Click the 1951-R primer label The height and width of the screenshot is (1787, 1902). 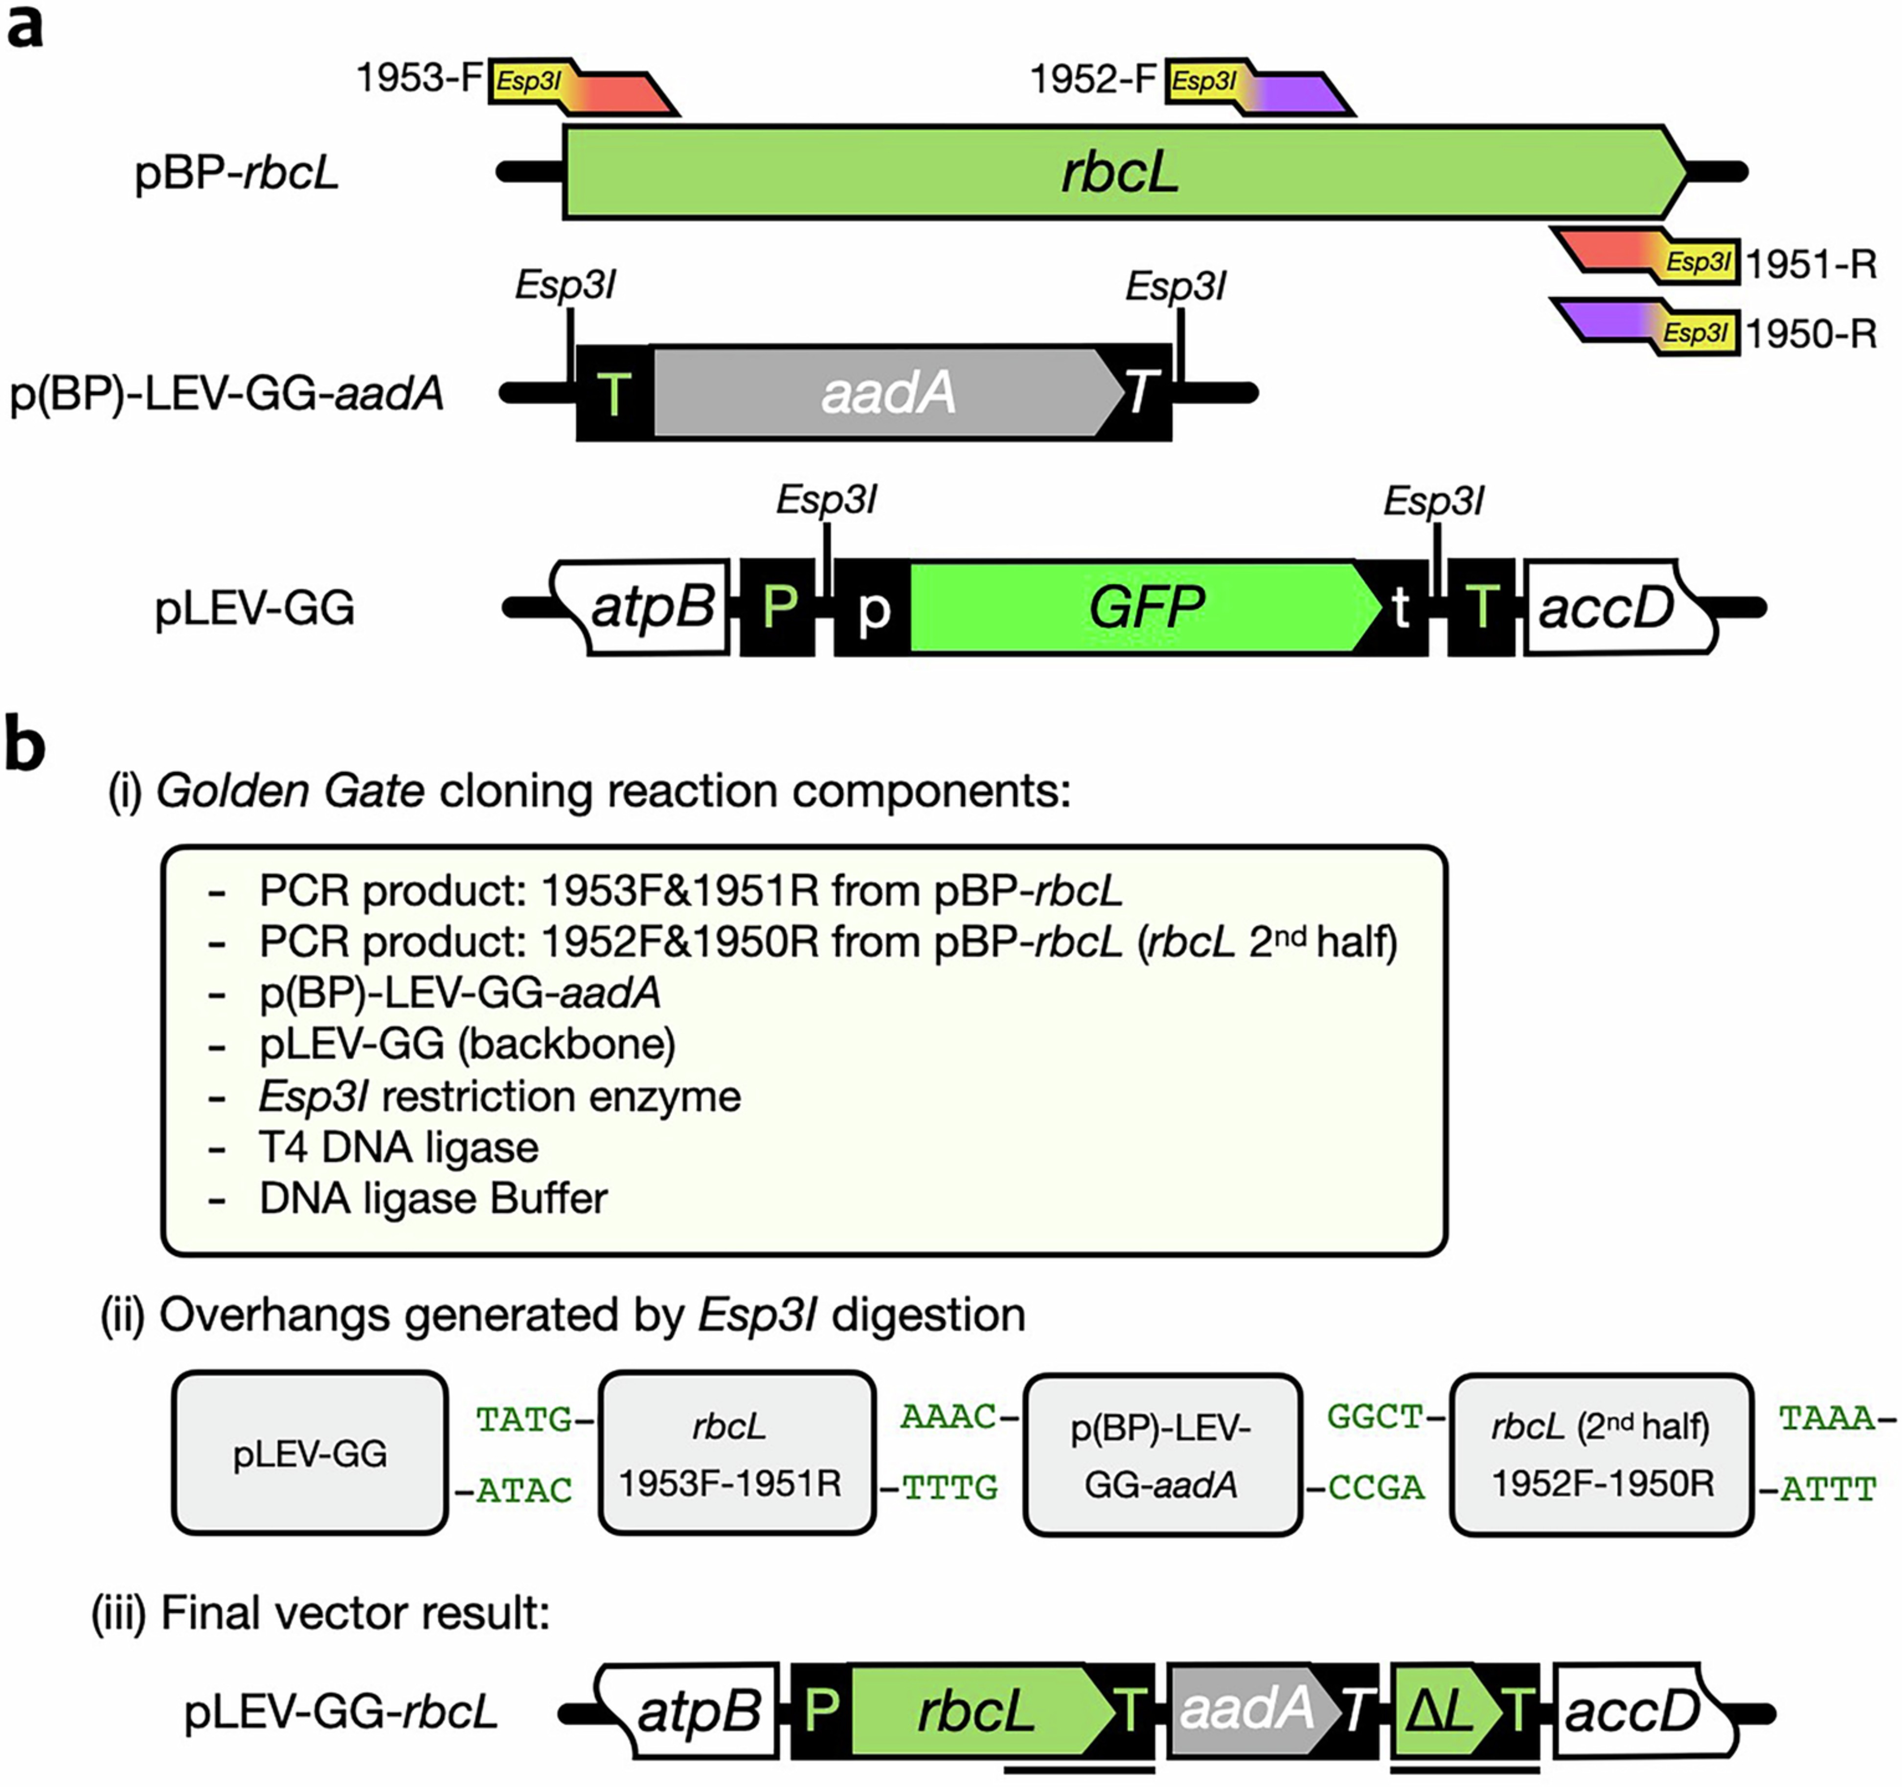tap(1811, 264)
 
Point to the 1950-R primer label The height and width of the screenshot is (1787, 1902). tap(1811, 334)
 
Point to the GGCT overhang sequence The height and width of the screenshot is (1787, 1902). tap(1375, 1417)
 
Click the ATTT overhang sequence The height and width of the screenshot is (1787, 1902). tap(1827, 1490)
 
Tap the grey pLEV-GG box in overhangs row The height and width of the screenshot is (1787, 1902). tap(310, 1453)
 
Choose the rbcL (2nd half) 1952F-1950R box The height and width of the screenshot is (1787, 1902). tap(1601, 1453)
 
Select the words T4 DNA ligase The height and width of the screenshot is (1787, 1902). tap(399, 1147)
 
